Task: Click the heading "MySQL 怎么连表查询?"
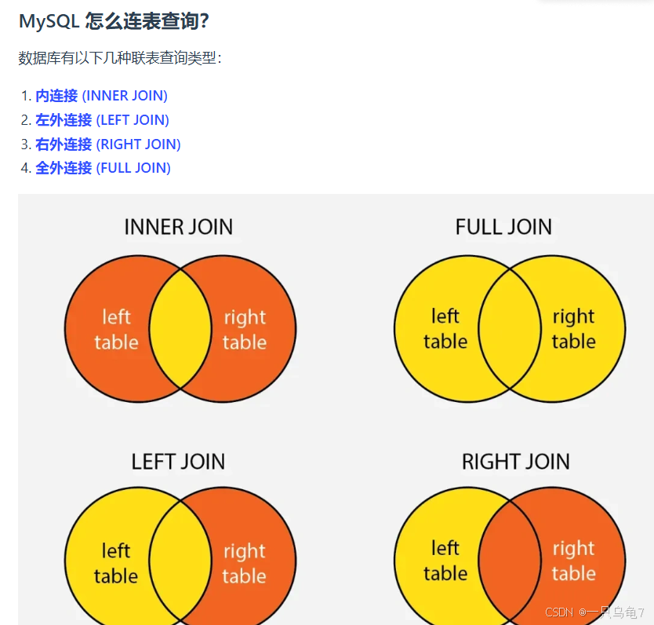click(113, 21)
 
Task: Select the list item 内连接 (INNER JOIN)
click(101, 96)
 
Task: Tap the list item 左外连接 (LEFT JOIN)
click(102, 120)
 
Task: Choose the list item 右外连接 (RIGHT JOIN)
click(107, 144)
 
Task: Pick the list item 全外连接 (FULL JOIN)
click(103, 168)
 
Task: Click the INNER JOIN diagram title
click(178, 228)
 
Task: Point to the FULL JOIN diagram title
click(503, 228)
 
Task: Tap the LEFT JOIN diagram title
click(178, 462)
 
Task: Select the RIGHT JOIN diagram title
click(515, 462)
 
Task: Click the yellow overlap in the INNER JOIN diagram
click(180, 329)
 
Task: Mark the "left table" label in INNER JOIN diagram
click(116, 330)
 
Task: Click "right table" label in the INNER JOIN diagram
click(245, 330)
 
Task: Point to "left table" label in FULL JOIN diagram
click(445, 329)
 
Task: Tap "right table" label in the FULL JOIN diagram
click(573, 329)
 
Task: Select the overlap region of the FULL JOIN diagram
click(510, 329)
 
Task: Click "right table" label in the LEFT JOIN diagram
click(245, 564)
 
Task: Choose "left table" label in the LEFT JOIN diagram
click(116, 563)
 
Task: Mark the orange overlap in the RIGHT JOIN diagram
click(510, 561)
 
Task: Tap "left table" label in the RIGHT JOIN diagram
click(445, 561)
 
